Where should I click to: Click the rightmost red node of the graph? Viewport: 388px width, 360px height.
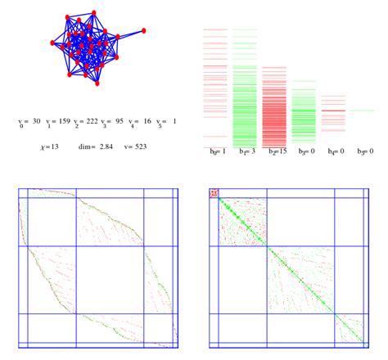coord(144,30)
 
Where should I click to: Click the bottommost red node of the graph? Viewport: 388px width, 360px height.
coord(97,83)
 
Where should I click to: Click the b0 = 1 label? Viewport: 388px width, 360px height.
coord(214,151)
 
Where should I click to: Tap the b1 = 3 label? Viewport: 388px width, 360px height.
coord(245,151)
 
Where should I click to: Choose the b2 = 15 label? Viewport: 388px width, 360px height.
coord(275,151)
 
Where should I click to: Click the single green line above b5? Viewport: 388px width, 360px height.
coord(362,110)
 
